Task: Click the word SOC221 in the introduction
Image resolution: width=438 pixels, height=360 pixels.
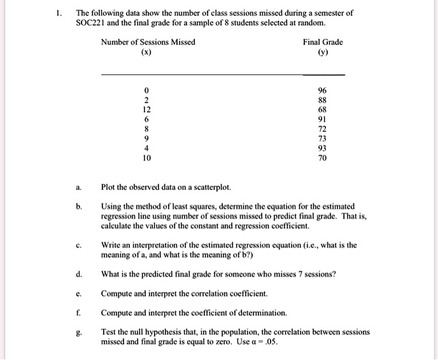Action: (x=90, y=23)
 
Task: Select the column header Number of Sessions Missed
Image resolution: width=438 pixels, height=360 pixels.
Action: (x=148, y=42)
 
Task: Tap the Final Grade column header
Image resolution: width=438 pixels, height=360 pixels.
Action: (x=323, y=42)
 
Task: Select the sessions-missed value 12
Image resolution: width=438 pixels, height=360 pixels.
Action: (x=146, y=110)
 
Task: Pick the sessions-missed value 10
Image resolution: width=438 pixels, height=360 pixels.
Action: (x=146, y=157)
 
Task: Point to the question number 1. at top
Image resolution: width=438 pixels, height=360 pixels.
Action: (x=59, y=13)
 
